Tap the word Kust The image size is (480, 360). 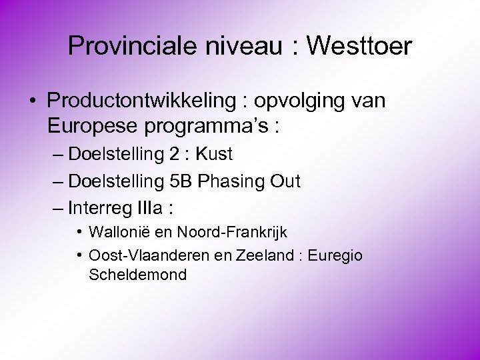point(214,155)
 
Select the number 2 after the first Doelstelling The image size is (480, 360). point(173,155)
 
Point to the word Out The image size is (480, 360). point(285,181)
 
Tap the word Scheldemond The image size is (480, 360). point(137,274)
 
